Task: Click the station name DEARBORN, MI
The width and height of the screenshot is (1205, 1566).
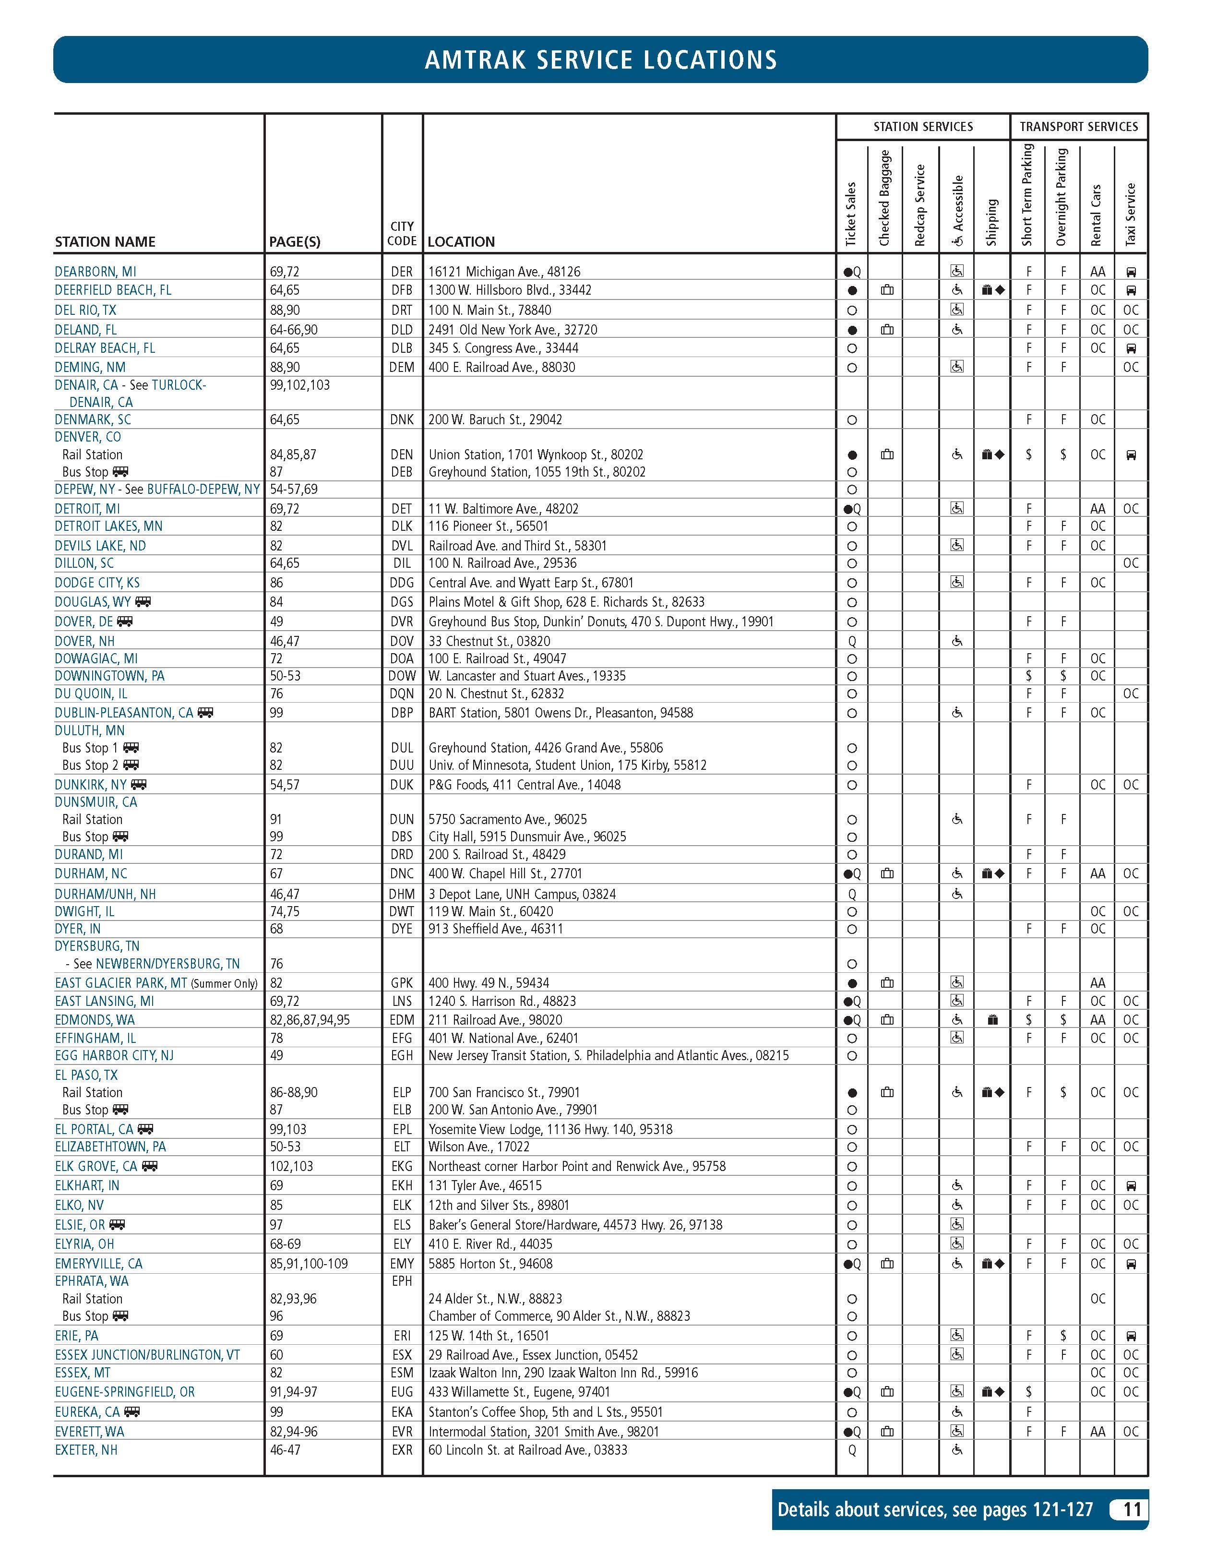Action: tap(95, 272)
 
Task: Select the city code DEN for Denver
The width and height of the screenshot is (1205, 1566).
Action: tap(402, 454)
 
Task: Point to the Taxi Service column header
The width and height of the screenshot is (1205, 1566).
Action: tap(1131, 215)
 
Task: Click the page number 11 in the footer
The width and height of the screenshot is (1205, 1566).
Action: tap(1131, 1509)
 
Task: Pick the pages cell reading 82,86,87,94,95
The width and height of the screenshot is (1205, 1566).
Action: tap(310, 1020)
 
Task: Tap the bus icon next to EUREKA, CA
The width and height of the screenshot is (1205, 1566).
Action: tap(132, 1411)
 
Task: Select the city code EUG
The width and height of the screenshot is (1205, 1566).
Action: tap(402, 1392)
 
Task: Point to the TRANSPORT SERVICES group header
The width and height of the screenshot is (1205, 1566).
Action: tap(1078, 127)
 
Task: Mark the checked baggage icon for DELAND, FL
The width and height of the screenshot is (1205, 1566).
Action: tap(887, 330)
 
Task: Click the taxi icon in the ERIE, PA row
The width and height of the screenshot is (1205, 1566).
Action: tap(1131, 1336)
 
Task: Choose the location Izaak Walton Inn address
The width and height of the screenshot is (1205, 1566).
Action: tap(563, 1373)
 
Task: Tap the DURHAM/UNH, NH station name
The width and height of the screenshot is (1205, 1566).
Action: tap(105, 894)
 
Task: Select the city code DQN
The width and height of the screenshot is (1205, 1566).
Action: tap(402, 693)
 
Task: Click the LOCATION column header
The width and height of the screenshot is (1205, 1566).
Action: tap(461, 241)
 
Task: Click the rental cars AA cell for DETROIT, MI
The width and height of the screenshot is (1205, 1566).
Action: tap(1098, 508)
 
